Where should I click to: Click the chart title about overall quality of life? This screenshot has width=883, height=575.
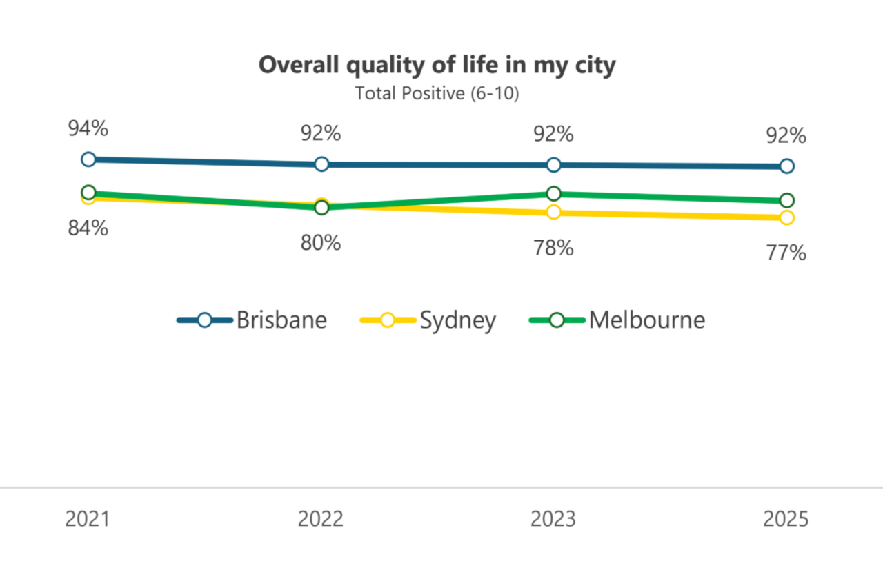point(437,65)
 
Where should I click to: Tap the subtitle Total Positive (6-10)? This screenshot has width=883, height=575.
point(437,93)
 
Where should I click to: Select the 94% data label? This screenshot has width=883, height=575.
point(88,128)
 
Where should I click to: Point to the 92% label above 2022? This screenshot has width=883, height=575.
point(321,133)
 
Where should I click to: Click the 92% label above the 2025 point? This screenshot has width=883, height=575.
point(786,135)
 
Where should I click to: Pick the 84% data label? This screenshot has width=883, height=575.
point(88,228)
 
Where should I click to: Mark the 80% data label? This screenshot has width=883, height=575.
point(321,243)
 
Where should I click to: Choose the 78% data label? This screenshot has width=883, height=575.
point(553,248)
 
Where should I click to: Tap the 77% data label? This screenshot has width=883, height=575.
point(786,253)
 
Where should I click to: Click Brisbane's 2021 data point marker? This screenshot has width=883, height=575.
point(88,159)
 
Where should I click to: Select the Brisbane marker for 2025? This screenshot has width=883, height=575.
point(786,166)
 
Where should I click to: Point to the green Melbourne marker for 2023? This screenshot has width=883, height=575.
point(553,193)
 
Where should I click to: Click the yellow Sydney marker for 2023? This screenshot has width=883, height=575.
point(553,212)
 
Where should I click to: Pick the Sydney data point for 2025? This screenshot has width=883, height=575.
point(786,217)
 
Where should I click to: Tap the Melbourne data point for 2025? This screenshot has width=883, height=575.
point(786,200)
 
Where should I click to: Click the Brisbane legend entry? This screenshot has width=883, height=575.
point(252,320)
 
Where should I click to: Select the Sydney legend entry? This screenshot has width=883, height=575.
point(428,320)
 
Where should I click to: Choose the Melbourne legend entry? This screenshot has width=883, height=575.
point(617,320)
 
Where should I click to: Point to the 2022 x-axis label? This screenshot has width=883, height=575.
point(321,519)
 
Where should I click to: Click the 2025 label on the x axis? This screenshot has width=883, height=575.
point(786,519)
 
